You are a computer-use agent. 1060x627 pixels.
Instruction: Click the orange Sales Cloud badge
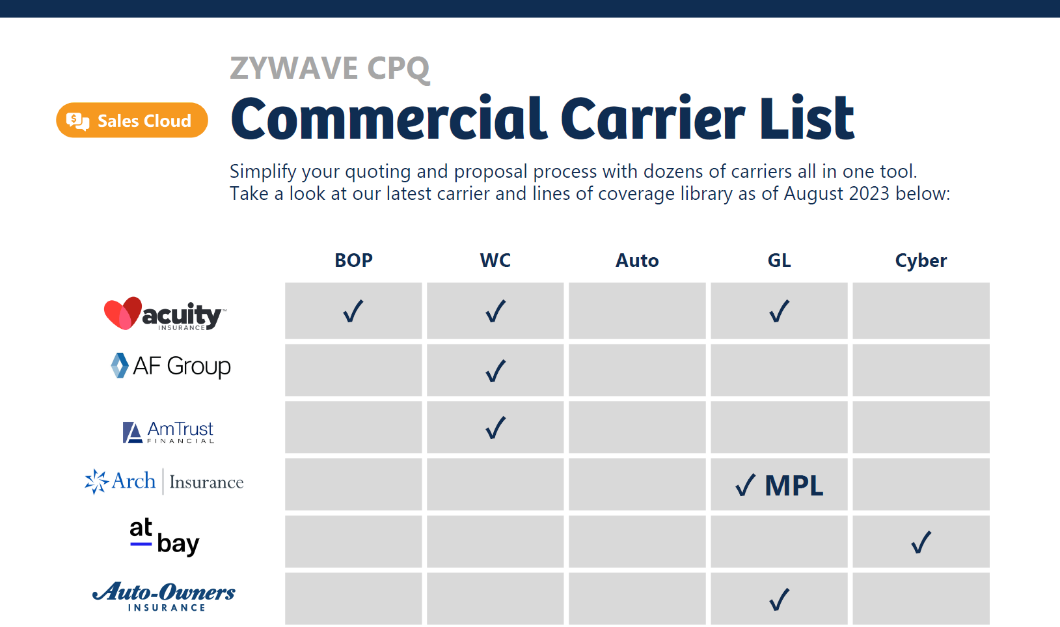coord(132,120)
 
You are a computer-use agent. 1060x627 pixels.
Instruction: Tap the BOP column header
coord(353,260)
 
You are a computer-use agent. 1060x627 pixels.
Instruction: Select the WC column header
coord(495,260)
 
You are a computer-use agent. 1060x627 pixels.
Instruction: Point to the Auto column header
coord(637,260)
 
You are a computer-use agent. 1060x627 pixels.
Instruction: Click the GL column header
coord(779,260)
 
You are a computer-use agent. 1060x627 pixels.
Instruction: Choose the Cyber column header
coord(921,260)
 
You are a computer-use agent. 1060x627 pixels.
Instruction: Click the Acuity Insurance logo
coord(165,314)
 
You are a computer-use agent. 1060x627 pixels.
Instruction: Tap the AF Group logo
coord(171,366)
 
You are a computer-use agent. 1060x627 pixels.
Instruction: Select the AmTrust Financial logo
coord(169,431)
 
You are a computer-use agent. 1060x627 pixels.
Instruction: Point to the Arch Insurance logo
coord(164,482)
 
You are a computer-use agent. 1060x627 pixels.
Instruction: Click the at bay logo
coord(164,536)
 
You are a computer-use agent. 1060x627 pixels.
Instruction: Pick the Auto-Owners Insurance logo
coord(164,596)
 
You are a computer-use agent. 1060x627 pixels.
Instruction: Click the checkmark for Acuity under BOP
coord(353,311)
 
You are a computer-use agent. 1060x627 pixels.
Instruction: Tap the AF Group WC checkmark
coord(495,370)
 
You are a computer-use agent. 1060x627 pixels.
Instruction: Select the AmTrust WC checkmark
coord(495,428)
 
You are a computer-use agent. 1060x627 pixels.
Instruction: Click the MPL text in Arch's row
coord(794,486)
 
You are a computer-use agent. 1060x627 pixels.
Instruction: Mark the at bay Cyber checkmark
coord(921,542)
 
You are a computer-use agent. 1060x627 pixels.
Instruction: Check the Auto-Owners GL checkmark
coord(779,599)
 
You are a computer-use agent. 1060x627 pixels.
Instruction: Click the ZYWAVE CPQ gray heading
coord(330,68)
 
